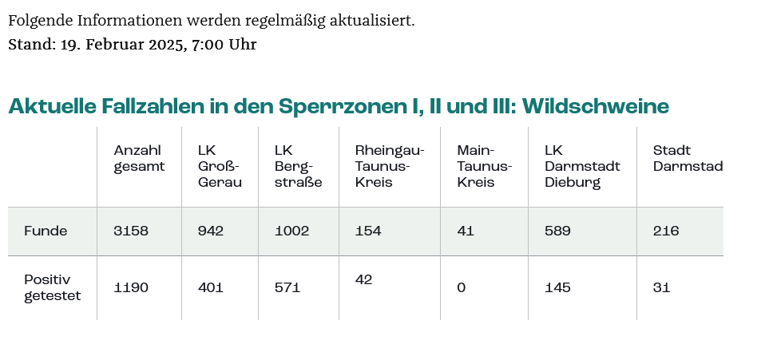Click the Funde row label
coord(46,231)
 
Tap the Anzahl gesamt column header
coord(139,158)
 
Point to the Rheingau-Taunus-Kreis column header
coord(390,166)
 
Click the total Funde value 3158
coord(131,231)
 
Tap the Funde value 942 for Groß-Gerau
coord(211,231)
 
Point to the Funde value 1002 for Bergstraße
coord(291,231)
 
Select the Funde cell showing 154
coord(368,231)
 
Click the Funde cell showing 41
coord(466,231)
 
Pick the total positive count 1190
coord(131,287)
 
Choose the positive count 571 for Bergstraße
coord(287,287)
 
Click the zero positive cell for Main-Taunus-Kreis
coord(461,287)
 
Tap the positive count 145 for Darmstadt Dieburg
coord(557,287)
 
